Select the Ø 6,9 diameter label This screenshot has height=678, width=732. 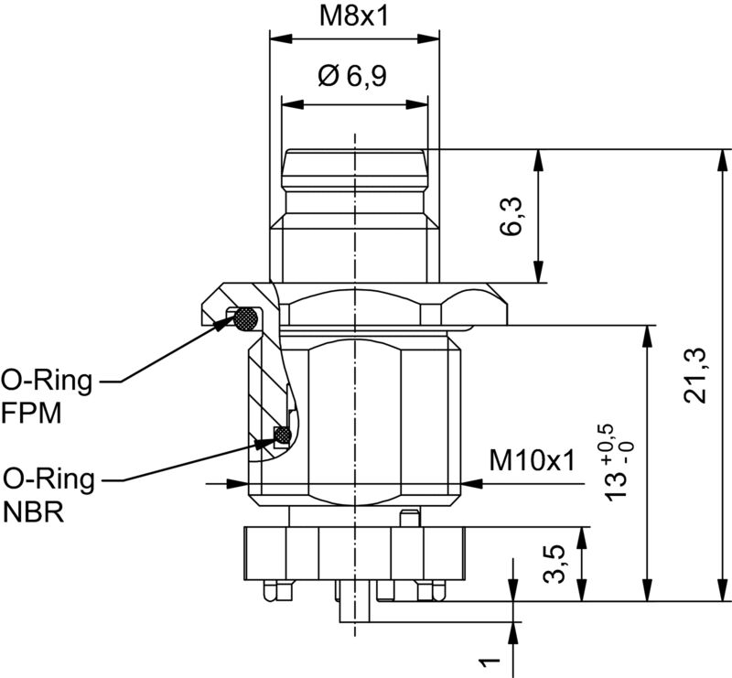click(352, 76)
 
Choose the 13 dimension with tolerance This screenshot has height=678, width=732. click(621, 462)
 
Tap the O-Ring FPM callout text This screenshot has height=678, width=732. click(46, 395)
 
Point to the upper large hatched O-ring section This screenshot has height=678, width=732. click(245, 319)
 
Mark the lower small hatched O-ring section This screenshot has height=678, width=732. click(283, 436)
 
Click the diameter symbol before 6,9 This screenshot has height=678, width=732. click(328, 76)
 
